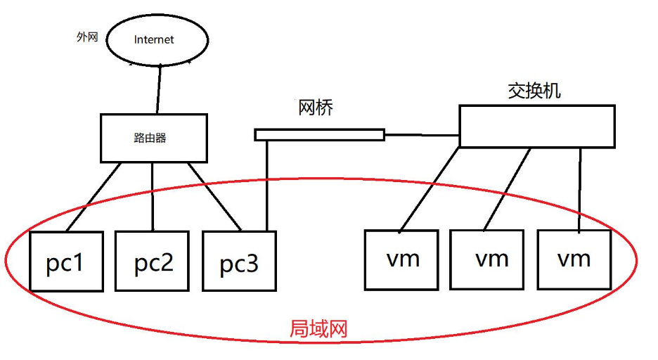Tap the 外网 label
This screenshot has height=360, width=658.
point(86,37)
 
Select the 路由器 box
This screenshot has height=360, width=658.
point(154,138)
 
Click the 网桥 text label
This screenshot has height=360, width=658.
point(315,108)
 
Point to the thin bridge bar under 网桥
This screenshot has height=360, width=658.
point(319,134)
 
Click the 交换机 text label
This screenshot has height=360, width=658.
point(534,91)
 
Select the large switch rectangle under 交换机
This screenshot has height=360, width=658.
point(537,127)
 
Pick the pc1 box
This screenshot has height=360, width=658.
point(66,261)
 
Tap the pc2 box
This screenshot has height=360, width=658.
point(153,261)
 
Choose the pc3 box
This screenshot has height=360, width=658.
point(239,261)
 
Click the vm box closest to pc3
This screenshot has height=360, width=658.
point(402,259)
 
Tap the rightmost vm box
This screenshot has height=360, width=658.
point(574,259)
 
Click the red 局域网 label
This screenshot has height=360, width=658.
point(319,328)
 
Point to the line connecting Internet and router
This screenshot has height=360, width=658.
point(160,89)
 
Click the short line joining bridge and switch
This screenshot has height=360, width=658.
point(422,134)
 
